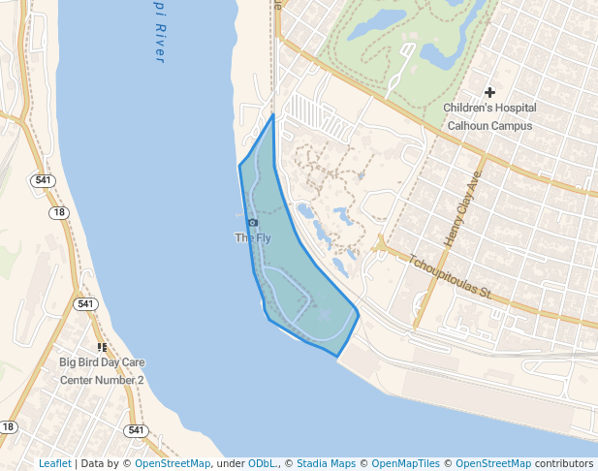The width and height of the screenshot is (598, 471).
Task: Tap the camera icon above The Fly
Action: coord(253,223)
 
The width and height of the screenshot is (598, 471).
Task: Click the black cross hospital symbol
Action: coord(489,91)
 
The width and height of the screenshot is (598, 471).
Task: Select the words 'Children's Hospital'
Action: coord(489,108)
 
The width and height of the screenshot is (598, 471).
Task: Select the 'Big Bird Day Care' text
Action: coord(101,363)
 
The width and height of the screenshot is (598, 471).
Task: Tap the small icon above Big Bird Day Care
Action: coord(102,347)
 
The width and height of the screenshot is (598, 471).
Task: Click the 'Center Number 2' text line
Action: coord(102,380)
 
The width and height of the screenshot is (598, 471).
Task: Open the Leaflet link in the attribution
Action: coord(54,463)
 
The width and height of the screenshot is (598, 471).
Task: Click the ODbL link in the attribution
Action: coord(263,463)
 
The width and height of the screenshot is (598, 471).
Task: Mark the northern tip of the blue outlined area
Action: coord(273,114)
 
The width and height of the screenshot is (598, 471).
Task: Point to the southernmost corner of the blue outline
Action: coord(337,357)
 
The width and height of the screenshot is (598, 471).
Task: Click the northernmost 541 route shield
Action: coord(42,180)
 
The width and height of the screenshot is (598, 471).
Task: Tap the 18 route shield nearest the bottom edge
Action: coord(9,426)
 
